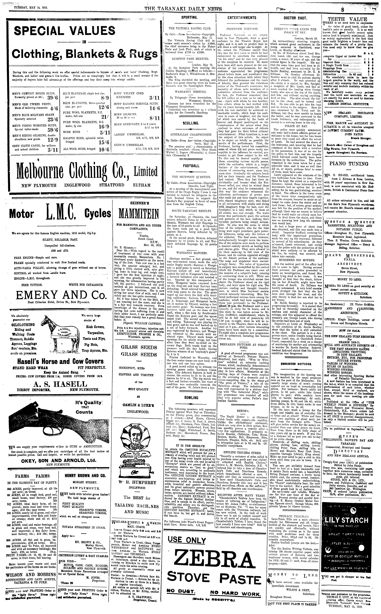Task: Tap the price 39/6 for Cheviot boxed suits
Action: tap(52, 98)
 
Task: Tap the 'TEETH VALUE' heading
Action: tap(347, 19)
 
